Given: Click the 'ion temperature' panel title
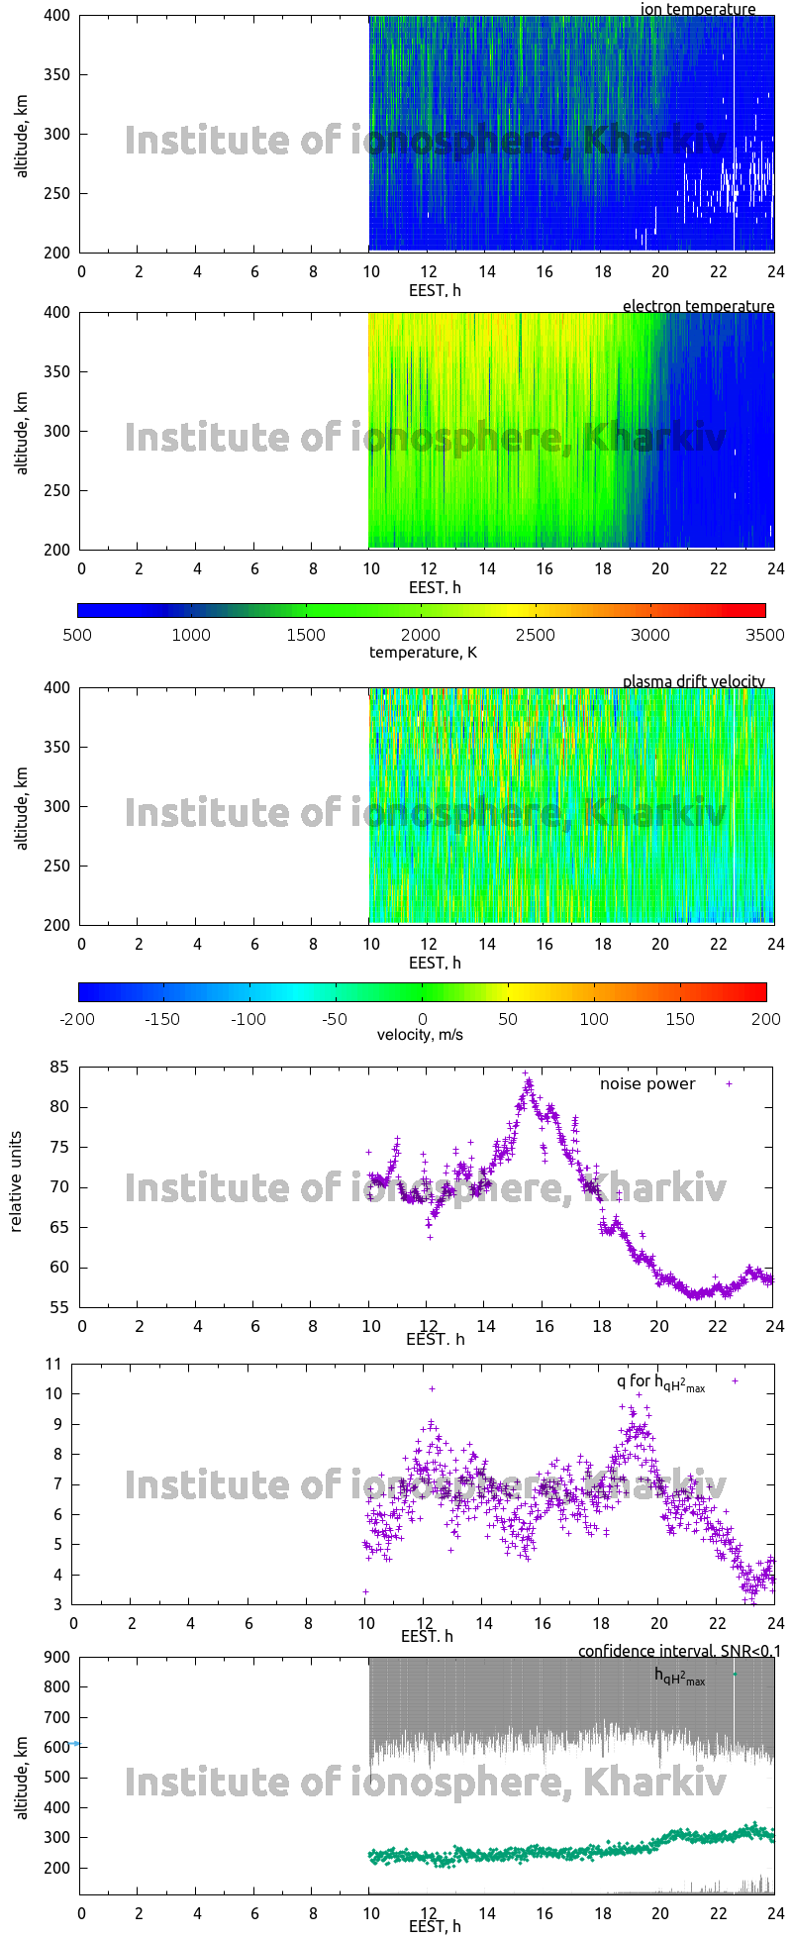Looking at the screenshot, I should (x=698, y=10).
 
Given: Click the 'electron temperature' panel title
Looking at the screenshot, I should (x=698, y=306).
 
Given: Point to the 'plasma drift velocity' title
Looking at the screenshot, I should (x=693, y=681).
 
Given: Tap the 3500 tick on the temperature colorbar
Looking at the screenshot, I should (x=764, y=635).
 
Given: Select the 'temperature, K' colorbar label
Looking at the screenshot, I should (x=423, y=653).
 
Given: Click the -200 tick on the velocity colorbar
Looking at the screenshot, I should (x=78, y=1019).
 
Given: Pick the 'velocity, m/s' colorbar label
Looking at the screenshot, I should (x=420, y=1035).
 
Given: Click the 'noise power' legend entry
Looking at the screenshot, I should (x=647, y=1083).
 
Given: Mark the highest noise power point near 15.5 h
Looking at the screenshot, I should (x=526, y=1072).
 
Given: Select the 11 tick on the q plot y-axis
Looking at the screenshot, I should (x=52, y=1364).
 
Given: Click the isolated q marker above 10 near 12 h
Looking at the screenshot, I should (x=432, y=1388).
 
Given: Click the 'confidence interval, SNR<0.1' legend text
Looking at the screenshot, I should (x=679, y=1651).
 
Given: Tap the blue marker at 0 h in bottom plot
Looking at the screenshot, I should (x=76, y=1744).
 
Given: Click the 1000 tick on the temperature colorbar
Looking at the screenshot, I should (x=192, y=635).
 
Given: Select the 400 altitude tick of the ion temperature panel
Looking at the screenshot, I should (x=57, y=16).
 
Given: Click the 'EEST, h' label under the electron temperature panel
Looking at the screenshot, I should (x=435, y=587).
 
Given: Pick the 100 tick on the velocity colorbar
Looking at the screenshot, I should (x=594, y=1019).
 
